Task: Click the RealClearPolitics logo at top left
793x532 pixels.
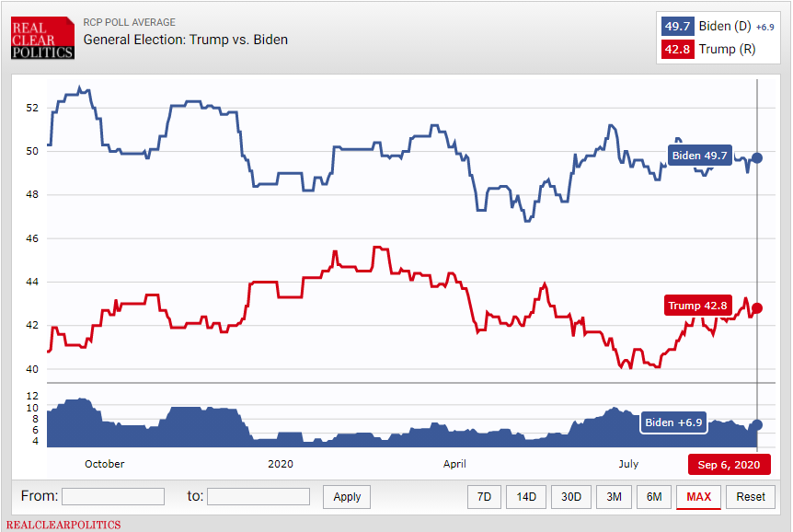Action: pos(42,36)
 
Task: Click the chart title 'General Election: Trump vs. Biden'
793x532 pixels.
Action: pos(185,40)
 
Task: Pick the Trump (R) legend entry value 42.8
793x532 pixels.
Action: pos(676,50)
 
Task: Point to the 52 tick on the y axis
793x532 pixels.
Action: pos(33,108)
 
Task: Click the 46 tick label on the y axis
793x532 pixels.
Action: pos(33,238)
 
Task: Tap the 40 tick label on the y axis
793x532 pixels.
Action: pos(33,369)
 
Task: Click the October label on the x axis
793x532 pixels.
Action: pos(104,464)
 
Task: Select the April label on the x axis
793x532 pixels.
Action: pos(454,464)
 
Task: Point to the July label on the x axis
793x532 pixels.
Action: pos(628,464)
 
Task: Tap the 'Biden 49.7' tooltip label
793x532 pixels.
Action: pos(698,156)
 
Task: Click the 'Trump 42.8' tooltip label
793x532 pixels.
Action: pos(697,306)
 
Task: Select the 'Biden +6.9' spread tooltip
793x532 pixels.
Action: pos(673,422)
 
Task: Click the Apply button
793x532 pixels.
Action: pos(347,497)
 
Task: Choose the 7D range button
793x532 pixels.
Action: pos(484,497)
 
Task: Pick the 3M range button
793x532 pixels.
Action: pos(614,497)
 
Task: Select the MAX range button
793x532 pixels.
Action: pos(698,497)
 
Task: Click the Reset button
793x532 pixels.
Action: pos(750,497)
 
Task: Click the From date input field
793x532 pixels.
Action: pos(113,497)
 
